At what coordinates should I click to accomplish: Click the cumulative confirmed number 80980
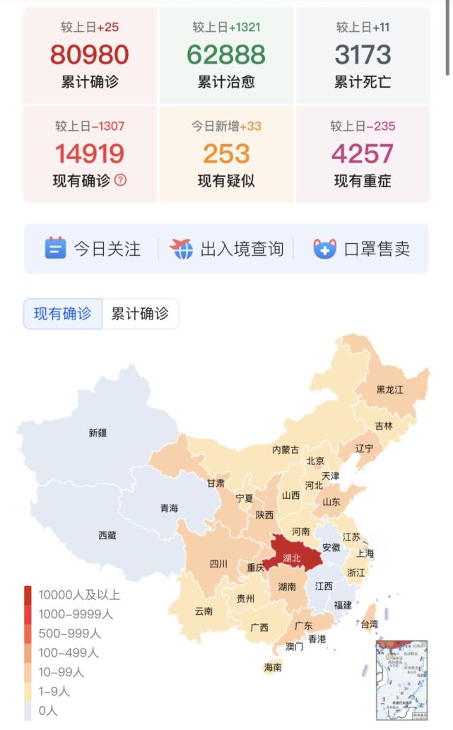click(90, 54)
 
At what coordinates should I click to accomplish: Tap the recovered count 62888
click(226, 54)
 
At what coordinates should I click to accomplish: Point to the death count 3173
click(363, 54)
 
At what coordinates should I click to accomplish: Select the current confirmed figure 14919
click(90, 153)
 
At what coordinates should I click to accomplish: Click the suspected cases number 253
click(226, 153)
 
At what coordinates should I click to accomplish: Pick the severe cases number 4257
click(363, 153)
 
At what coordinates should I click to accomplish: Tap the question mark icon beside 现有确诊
click(120, 180)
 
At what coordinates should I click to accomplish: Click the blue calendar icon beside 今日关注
click(55, 248)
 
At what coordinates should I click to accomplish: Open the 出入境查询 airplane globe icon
click(182, 248)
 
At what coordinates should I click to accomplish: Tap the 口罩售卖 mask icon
click(325, 248)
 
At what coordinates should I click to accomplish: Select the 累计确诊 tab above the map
click(140, 314)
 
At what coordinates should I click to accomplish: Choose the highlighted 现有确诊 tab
click(63, 314)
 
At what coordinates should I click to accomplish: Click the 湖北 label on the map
click(291, 558)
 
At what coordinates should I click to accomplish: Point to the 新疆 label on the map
click(98, 432)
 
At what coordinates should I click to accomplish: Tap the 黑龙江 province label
click(390, 389)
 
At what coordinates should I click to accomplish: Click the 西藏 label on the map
click(107, 536)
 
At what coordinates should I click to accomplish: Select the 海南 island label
click(273, 666)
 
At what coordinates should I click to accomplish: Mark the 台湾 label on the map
click(369, 624)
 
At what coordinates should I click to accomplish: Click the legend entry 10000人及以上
click(78, 595)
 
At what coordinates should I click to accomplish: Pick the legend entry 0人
click(48, 710)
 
